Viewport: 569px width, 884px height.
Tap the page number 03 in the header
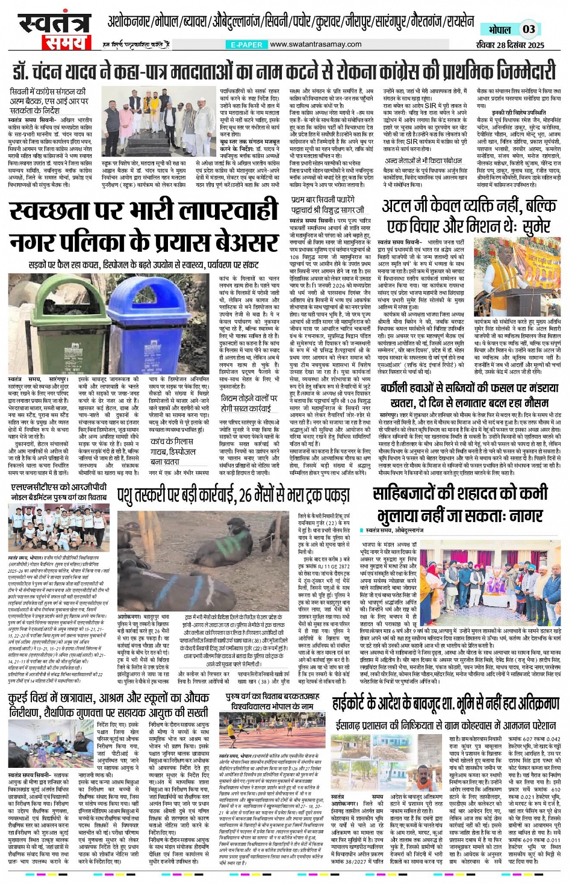528,29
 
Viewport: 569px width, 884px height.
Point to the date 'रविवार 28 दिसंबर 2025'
509,45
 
